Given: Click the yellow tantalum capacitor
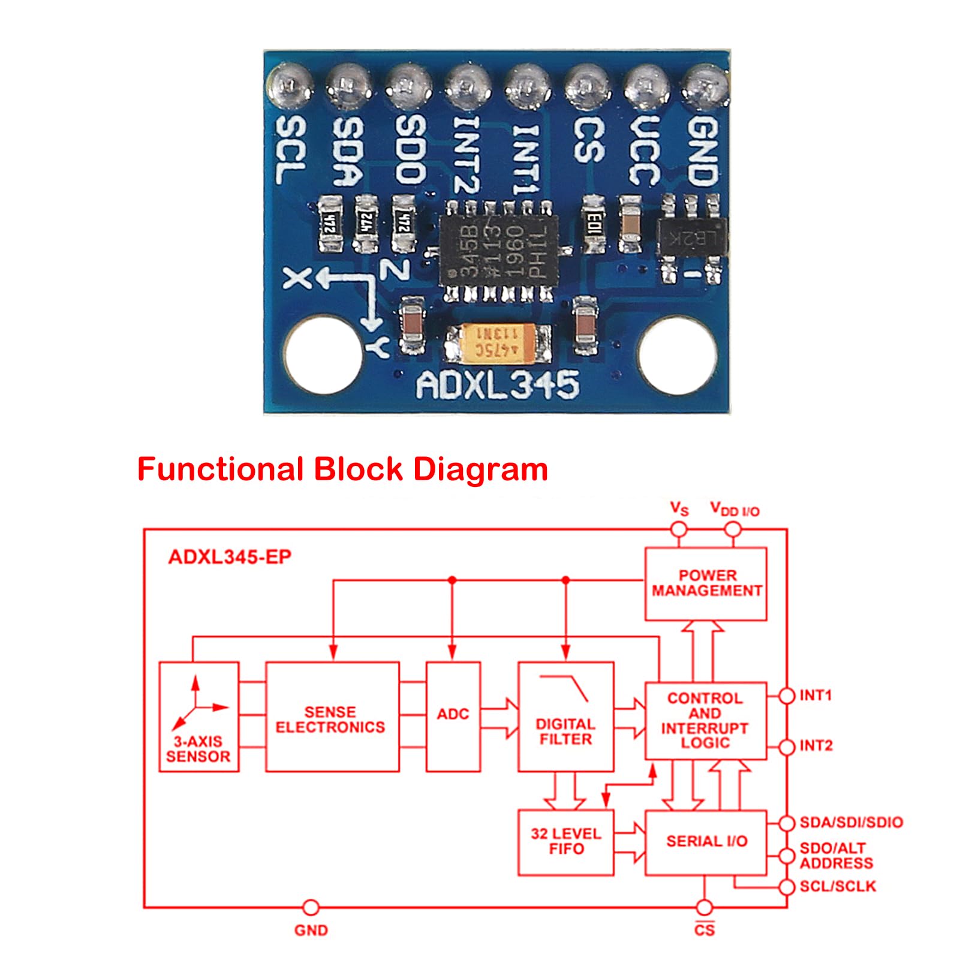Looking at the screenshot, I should [498, 344].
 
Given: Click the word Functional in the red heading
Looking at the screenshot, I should [220, 469].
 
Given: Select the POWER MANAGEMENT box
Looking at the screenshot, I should [705, 583].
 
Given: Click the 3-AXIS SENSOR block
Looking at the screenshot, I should [198, 716].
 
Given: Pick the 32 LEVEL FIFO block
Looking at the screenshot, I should [565, 842].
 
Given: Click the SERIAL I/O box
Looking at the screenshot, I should [705, 842].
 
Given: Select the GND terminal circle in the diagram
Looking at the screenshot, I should [311, 907].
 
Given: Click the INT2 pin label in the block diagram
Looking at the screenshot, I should [816, 746].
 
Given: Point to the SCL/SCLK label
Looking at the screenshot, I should [838, 886].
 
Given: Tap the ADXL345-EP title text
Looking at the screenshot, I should [230, 557].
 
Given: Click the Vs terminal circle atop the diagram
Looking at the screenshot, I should [678, 529].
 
